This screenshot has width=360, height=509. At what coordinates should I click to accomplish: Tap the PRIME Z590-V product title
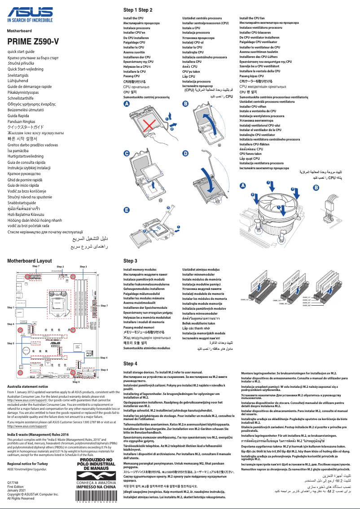(33, 42)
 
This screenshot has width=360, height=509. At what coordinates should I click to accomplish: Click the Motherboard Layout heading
(29, 260)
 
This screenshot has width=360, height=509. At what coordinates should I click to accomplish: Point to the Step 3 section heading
(130, 260)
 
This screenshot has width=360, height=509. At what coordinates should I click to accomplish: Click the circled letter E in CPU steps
(127, 210)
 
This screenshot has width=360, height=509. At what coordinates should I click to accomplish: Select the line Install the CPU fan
(252, 18)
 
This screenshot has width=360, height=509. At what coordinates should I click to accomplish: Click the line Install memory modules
(140, 269)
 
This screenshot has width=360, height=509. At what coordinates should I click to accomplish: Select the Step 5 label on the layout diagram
(11, 343)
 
